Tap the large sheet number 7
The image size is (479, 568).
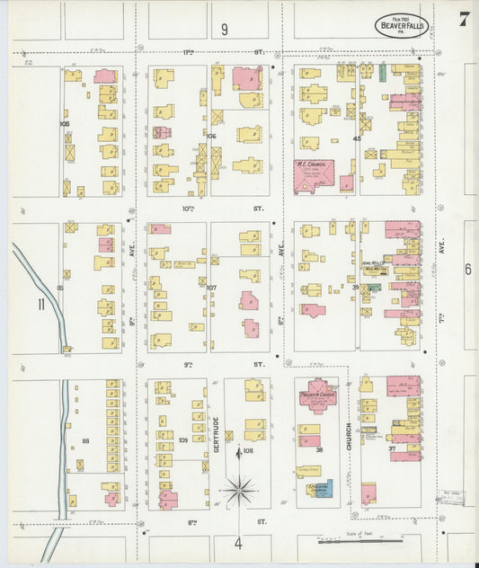click(x=464, y=20)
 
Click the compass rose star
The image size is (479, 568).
click(x=239, y=492)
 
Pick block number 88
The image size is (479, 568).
click(x=86, y=440)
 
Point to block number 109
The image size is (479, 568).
click(x=183, y=439)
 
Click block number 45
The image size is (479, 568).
click(x=357, y=138)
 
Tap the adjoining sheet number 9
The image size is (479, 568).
click(x=224, y=30)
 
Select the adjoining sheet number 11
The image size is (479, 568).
click(x=41, y=304)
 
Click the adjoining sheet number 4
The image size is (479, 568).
click(x=238, y=543)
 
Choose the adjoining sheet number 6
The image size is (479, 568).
click(x=467, y=269)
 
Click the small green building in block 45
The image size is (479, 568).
click(x=382, y=72)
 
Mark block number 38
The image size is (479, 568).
click(x=319, y=449)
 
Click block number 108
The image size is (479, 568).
click(x=248, y=450)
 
